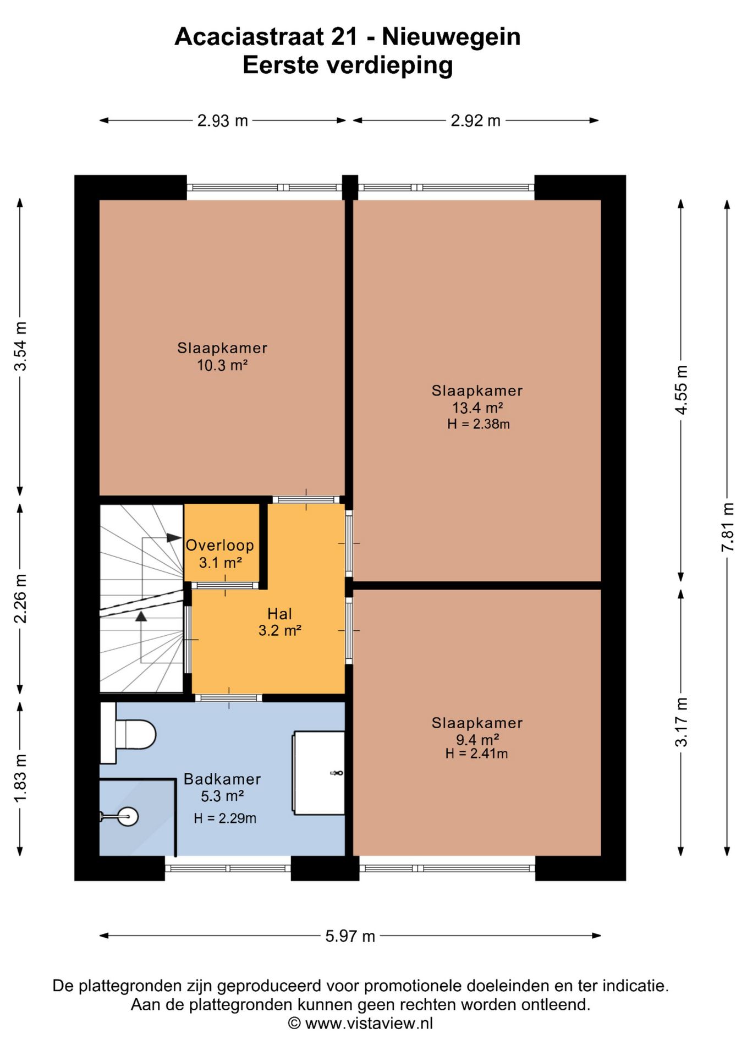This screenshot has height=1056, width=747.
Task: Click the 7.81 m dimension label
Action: (727, 527)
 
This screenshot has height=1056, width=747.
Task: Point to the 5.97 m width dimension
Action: (350, 936)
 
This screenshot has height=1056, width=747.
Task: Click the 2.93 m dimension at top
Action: (223, 120)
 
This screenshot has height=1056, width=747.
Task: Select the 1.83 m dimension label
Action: (20, 778)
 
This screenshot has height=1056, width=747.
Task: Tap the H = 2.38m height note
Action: (478, 424)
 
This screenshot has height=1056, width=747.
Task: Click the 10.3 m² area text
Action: (222, 365)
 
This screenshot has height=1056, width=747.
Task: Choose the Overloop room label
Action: (219, 546)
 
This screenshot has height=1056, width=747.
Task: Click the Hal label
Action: (279, 614)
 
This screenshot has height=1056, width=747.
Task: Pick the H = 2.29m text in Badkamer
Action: (225, 818)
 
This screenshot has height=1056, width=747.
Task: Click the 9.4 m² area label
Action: (477, 740)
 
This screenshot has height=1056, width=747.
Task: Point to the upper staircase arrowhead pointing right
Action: (174, 537)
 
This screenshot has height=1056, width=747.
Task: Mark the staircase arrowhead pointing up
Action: (141, 616)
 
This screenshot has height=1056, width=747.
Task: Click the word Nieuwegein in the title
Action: (451, 37)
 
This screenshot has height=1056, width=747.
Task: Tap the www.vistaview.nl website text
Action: (369, 1024)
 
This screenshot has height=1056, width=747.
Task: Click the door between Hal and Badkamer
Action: (229, 698)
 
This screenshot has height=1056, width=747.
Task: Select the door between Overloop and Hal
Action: (225, 585)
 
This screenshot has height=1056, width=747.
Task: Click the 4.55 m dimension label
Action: (681, 390)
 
